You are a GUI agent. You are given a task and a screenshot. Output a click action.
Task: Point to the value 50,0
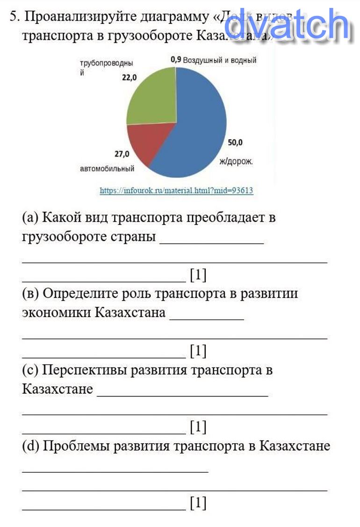[x=235, y=143]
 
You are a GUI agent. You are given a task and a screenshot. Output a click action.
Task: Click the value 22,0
[x=129, y=78]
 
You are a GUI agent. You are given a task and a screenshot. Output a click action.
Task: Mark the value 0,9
[x=175, y=60]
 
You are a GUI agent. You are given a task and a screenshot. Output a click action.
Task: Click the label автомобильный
[x=107, y=169]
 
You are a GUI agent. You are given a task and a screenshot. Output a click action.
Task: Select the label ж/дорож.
[x=236, y=161]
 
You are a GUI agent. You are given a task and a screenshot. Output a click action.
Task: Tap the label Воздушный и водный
[x=220, y=60]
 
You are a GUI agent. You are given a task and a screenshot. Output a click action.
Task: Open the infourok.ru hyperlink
[x=176, y=191]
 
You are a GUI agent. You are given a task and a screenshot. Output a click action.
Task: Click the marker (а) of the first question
[x=30, y=218]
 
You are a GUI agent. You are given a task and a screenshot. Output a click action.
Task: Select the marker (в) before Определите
[x=30, y=294]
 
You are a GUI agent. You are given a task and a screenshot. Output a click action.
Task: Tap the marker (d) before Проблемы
[x=31, y=446]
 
